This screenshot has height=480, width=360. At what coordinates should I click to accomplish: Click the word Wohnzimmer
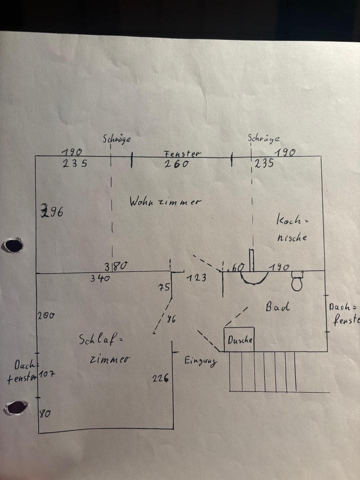[165, 202]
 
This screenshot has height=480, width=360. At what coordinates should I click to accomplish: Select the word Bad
[277, 307]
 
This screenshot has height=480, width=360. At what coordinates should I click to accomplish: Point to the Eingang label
[200, 361]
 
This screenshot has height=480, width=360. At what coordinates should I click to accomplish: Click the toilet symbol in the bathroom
[297, 281]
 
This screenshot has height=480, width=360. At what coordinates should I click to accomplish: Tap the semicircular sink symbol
[254, 276]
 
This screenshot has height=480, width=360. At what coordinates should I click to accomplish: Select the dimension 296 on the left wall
[52, 211]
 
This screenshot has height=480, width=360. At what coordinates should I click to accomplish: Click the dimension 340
[100, 278]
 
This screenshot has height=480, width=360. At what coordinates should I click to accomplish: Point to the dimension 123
[197, 277]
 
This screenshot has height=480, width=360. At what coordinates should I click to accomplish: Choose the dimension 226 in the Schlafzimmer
[160, 378]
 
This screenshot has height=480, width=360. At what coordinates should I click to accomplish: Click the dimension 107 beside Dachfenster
[46, 374]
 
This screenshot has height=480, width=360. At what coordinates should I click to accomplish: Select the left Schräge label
[116, 139]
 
